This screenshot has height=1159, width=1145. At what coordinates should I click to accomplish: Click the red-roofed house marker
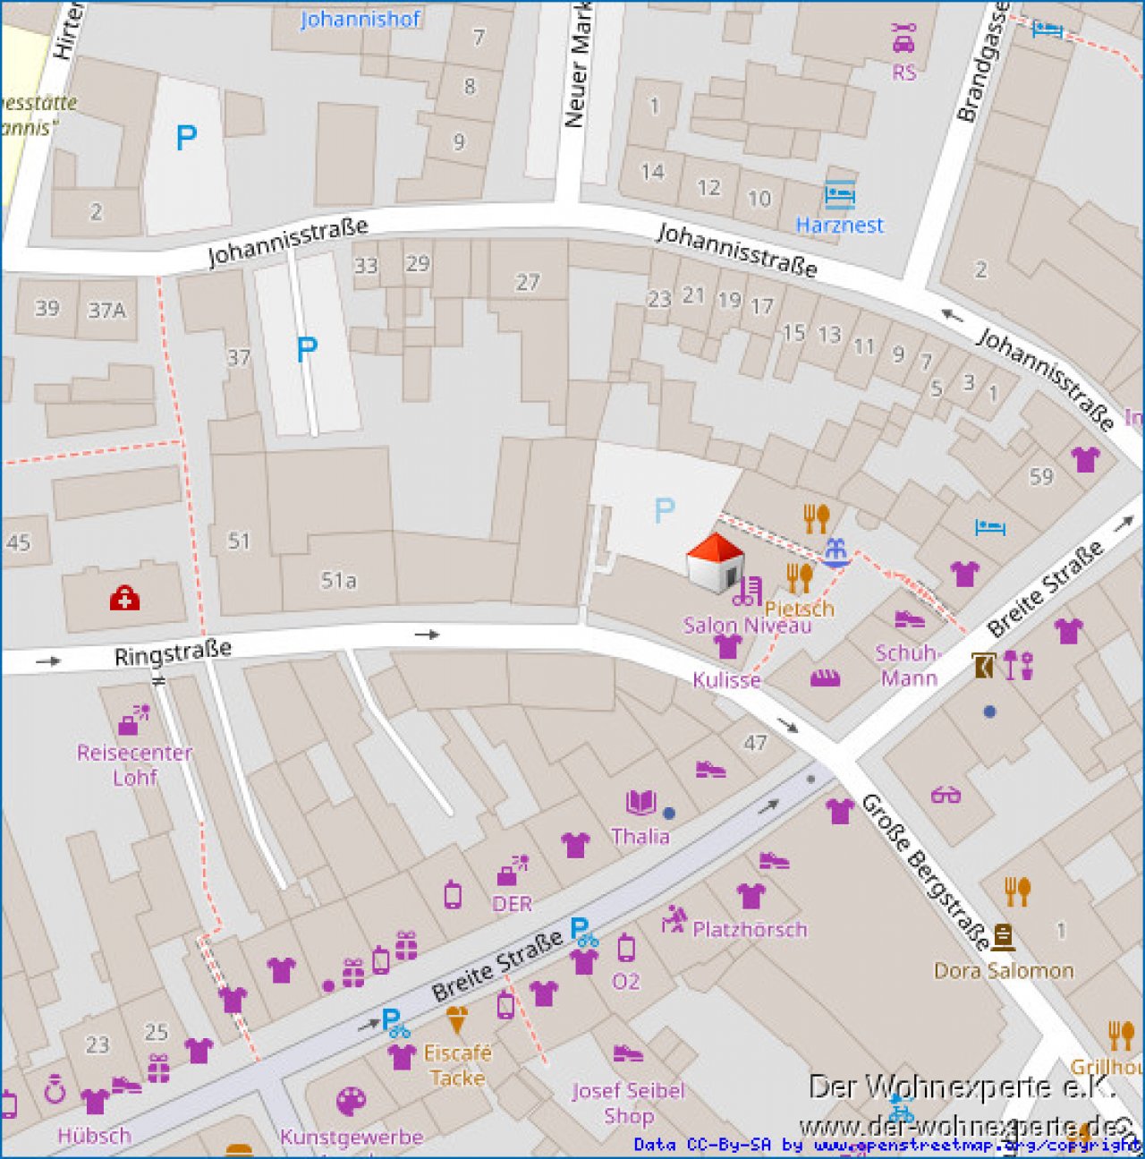click(715, 564)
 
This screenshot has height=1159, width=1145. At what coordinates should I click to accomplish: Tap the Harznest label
click(839, 225)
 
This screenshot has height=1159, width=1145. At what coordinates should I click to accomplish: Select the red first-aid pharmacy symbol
click(124, 599)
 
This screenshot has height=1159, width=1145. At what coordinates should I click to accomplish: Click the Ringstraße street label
click(173, 652)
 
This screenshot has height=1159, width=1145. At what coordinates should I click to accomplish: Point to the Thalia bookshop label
click(640, 836)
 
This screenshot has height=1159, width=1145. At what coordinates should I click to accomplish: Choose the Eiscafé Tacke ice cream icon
click(456, 1020)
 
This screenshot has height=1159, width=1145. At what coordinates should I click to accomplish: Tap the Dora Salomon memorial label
click(1004, 970)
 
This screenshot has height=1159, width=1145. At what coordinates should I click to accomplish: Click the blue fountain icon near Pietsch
click(835, 552)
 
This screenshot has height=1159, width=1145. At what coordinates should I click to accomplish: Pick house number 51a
click(339, 581)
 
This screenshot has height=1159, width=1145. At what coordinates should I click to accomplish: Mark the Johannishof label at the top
click(360, 19)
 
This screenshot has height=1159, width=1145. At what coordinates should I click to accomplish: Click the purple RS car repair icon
click(903, 38)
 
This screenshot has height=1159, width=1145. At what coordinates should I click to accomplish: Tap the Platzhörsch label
click(750, 930)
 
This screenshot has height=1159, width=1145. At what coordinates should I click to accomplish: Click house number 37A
click(106, 311)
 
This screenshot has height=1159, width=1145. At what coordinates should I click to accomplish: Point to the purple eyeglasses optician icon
click(946, 794)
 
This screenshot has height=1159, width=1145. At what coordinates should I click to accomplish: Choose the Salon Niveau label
click(747, 625)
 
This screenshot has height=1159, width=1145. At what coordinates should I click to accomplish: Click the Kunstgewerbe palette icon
click(351, 1102)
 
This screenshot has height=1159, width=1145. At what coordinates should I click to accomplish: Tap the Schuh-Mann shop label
click(908, 666)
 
